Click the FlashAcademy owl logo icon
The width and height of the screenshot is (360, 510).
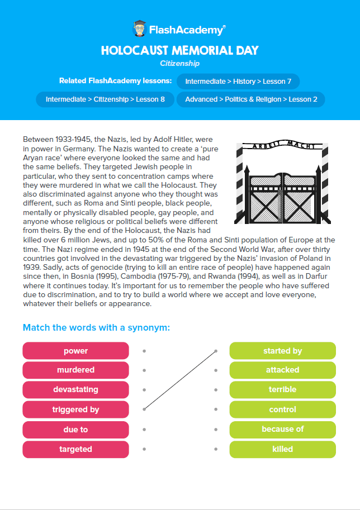pyautogui.click(x=140, y=28)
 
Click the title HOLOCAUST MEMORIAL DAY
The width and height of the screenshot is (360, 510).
pyautogui.click(x=179, y=50)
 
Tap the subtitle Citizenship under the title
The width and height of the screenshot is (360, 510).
pyautogui.click(x=179, y=64)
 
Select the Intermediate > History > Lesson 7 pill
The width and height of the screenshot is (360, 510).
pyautogui.click(x=238, y=82)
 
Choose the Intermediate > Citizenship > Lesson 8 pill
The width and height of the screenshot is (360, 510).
pyautogui.click(x=105, y=99)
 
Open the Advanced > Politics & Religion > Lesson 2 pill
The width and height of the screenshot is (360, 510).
pyautogui.click(x=251, y=99)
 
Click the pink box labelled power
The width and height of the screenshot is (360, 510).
pyautogui.click(x=75, y=351)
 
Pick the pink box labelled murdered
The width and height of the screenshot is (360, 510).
pyautogui.click(x=75, y=370)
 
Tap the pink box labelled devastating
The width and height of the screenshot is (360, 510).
pyautogui.click(x=75, y=389)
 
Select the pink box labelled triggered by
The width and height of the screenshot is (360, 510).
pyautogui.click(x=75, y=409)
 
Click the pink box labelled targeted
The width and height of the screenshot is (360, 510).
pyautogui.click(x=75, y=449)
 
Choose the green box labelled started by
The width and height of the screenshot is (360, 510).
pyautogui.click(x=282, y=351)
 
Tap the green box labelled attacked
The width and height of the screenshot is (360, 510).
pyautogui.click(x=282, y=370)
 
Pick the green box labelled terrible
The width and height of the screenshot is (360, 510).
pyautogui.click(x=282, y=389)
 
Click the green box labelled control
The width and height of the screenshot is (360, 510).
pyautogui.click(x=282, y=409)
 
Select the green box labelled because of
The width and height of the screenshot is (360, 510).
pyautogui.click(x=282, y=430)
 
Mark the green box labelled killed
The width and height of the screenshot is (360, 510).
pyautogui.click(x=282, y=449)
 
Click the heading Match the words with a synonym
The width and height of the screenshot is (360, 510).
pyautogui.click(x=96, y=327)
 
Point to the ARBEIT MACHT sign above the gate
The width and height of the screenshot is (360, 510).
pyautogui.click(x=282, y=146)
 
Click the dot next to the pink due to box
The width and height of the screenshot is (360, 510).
pyautogui.click(x=144, y=430)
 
